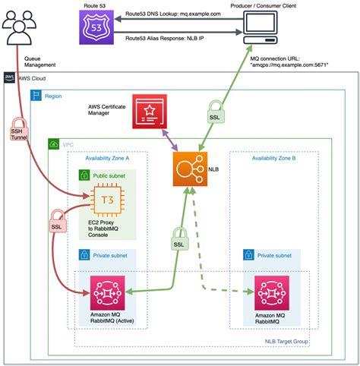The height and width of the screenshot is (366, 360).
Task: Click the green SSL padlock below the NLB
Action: click(178, 240)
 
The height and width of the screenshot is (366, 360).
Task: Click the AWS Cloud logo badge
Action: click(9, 77)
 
